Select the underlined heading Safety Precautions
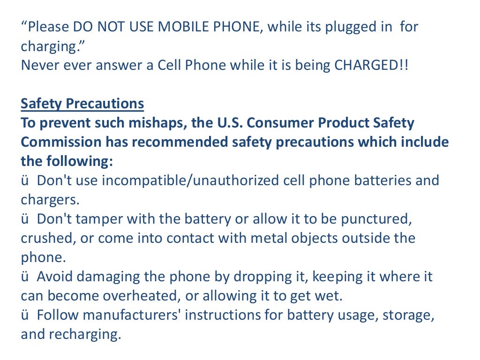tap(82, 104)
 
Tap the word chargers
tap(50, 200)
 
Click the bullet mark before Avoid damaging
tap(24, 277)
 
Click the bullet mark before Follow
tap(24, 315)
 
